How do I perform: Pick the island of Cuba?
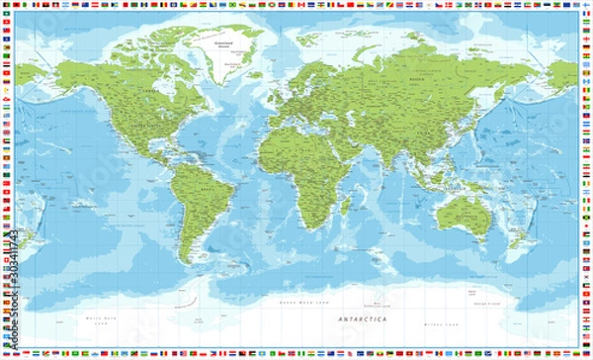click(x=171, y=162)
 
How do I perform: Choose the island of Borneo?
click(x=452, y=192)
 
